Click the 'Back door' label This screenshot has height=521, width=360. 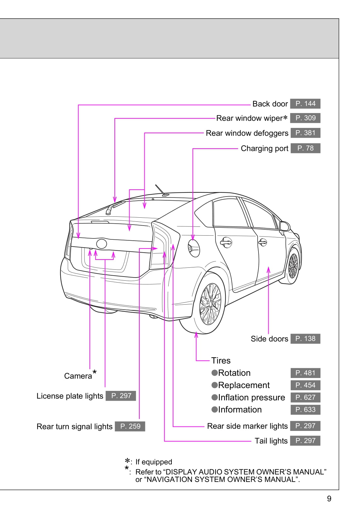[x=270, y=104]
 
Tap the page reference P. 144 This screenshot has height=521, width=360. [x=305, y=104]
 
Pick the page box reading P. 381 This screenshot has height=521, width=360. [x=305, y=133]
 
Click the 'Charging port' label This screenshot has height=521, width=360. [x=264, y=148]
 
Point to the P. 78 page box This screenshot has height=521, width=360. [x=305, y=148]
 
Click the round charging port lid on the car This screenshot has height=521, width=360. [x=194, y=248]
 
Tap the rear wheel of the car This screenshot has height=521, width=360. [x=210, y=304]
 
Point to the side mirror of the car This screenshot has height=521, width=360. [x=284, y=226]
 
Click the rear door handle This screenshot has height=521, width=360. [x=226, y=242]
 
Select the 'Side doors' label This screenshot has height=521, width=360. [x=269, y=339]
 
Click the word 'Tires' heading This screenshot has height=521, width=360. [x=221, y=361]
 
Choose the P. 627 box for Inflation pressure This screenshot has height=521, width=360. [x=305, y=398]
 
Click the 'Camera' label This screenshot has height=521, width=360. [x=78, y=376]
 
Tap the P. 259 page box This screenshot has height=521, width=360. [x=130, y=426]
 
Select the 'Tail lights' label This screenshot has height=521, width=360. [x=271, y=441]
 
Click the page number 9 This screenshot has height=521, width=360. [x=329, y=499]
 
